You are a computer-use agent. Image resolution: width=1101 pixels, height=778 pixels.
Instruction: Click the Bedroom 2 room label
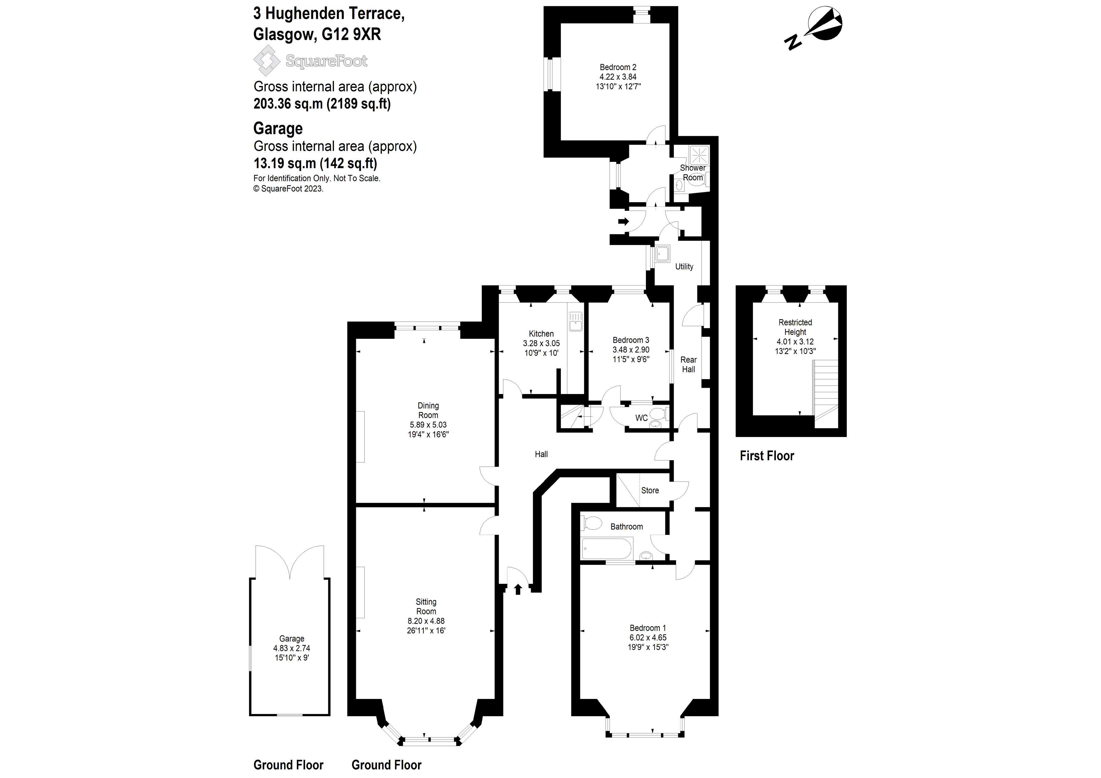coord(618,67)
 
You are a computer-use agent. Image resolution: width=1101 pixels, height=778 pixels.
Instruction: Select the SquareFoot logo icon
coord(266,61)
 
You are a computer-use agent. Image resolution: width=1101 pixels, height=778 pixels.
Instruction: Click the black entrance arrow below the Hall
coord(518,589)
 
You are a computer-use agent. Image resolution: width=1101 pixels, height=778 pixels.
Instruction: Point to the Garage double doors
coord(290,562)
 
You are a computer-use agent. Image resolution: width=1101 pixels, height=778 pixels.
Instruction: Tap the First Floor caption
coord(766,456)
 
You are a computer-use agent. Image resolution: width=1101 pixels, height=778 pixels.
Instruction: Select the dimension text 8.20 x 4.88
coord(426,621)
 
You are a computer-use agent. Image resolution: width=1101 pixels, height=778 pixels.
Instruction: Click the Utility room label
coord(684,267)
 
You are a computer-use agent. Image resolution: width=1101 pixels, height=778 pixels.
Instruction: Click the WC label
coord(641,418)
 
